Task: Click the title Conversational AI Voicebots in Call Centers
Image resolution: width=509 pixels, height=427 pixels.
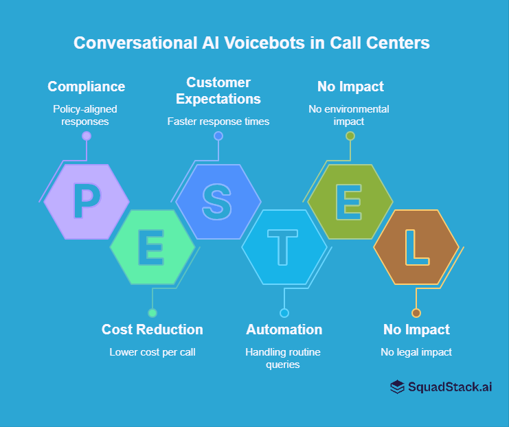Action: pyautogui.click(x=251, y=43)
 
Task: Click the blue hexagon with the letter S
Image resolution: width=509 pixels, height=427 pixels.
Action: pyautogui.click(x=218, y=201)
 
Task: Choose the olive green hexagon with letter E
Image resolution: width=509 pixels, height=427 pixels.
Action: pyautogui.click(x=350, y=201)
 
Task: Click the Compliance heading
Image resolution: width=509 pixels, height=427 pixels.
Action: pyautogui.click(x=87, y=86)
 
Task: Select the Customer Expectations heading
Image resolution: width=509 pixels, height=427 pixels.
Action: pyautogui.click(x=218, y=91)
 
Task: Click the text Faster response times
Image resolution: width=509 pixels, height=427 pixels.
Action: pyautogui.click(x=218, y=122)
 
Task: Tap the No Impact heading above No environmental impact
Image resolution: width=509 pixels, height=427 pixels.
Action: pyautogui.click(x=350, y=86)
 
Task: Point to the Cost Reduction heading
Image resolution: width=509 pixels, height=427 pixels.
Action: pyautogui.click(x=152, y=330)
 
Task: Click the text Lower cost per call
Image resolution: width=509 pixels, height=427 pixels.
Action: pyautogui.click(x=152, y=352)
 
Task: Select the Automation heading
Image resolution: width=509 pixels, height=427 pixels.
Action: pyautogui.click(x=284, y=330)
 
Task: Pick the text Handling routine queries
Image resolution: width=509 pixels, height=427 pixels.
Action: pyautogui.click(x=284, y=358)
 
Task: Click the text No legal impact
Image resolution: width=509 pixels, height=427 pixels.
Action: pyautogui.click(x=416, y=352)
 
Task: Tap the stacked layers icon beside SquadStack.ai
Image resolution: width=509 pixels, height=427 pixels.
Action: pyautogui.click(x=397, y=387)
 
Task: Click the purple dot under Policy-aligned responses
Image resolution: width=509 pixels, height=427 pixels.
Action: pyautogui.click(x=87, y=136)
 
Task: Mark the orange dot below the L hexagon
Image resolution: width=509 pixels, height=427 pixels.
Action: pyautogui.click(x=416, y=313)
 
